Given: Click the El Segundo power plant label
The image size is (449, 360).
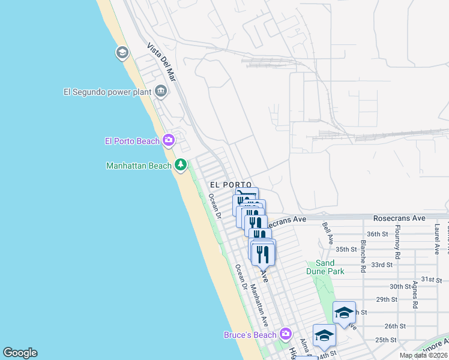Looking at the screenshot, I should [x=107, y=92].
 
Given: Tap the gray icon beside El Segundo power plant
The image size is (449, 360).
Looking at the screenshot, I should [x=161, y=92].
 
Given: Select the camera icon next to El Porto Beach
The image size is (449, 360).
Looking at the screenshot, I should [x=169, y=140].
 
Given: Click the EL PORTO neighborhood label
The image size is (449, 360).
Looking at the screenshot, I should [x=230, y=185].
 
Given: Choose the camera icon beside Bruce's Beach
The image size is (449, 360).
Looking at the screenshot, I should [x=285, y=334].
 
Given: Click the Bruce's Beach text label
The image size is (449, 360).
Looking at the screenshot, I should [x=249, y=334].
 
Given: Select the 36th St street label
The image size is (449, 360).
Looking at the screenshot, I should [x=378, y=234].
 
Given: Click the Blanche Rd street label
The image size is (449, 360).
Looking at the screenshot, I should [x=363, y=257].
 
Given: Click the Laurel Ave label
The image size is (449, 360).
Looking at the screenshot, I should [x=436, y=236].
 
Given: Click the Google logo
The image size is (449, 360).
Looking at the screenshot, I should [x=20, y=353].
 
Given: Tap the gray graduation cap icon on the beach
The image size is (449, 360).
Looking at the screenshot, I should [x=122, y=53].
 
